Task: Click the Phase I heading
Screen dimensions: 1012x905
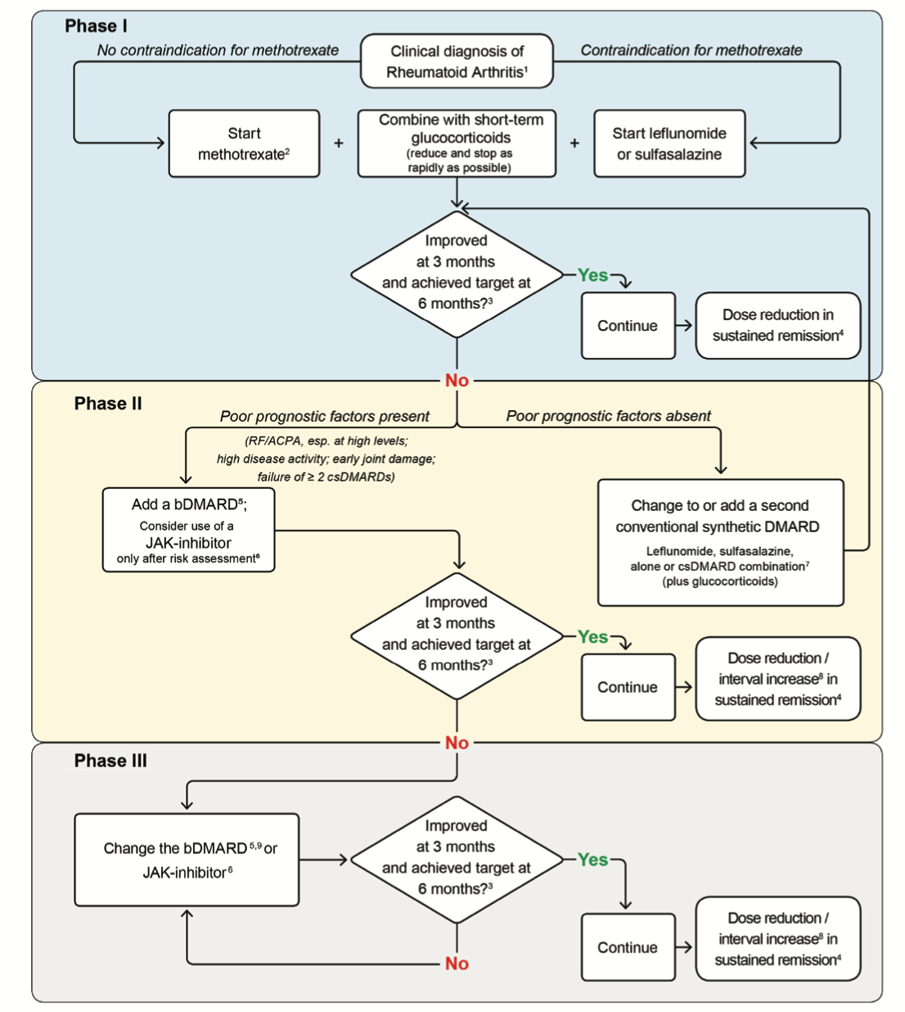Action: [96, 26]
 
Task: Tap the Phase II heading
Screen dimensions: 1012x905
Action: [108, 404]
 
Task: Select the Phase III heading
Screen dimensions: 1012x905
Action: [110, 761]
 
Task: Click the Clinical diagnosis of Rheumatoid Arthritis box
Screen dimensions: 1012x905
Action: [457, 61]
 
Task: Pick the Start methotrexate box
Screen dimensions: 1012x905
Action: [244, 143]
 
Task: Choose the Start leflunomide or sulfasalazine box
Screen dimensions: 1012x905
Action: [669, 143]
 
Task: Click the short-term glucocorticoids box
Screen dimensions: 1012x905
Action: [457, 143]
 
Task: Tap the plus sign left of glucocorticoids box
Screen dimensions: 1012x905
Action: [339, 143]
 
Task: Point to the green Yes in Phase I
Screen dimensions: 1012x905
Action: [592, 275]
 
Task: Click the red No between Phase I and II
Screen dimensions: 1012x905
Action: [457, 381]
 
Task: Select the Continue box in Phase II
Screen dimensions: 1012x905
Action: [628, 687]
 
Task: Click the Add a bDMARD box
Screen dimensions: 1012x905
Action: [188, 530]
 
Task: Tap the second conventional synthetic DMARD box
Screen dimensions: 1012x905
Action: [720, 542]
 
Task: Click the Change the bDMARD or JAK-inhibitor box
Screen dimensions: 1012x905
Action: [187, 860]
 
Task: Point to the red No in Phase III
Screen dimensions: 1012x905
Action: [457, 964]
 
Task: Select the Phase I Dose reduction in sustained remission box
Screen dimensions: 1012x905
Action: [777, 325]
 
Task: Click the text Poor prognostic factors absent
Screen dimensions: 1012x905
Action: [608, 416]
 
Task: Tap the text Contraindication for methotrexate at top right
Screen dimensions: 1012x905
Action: [691, 50]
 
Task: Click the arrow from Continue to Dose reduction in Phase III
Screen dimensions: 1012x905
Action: [685, 947]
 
